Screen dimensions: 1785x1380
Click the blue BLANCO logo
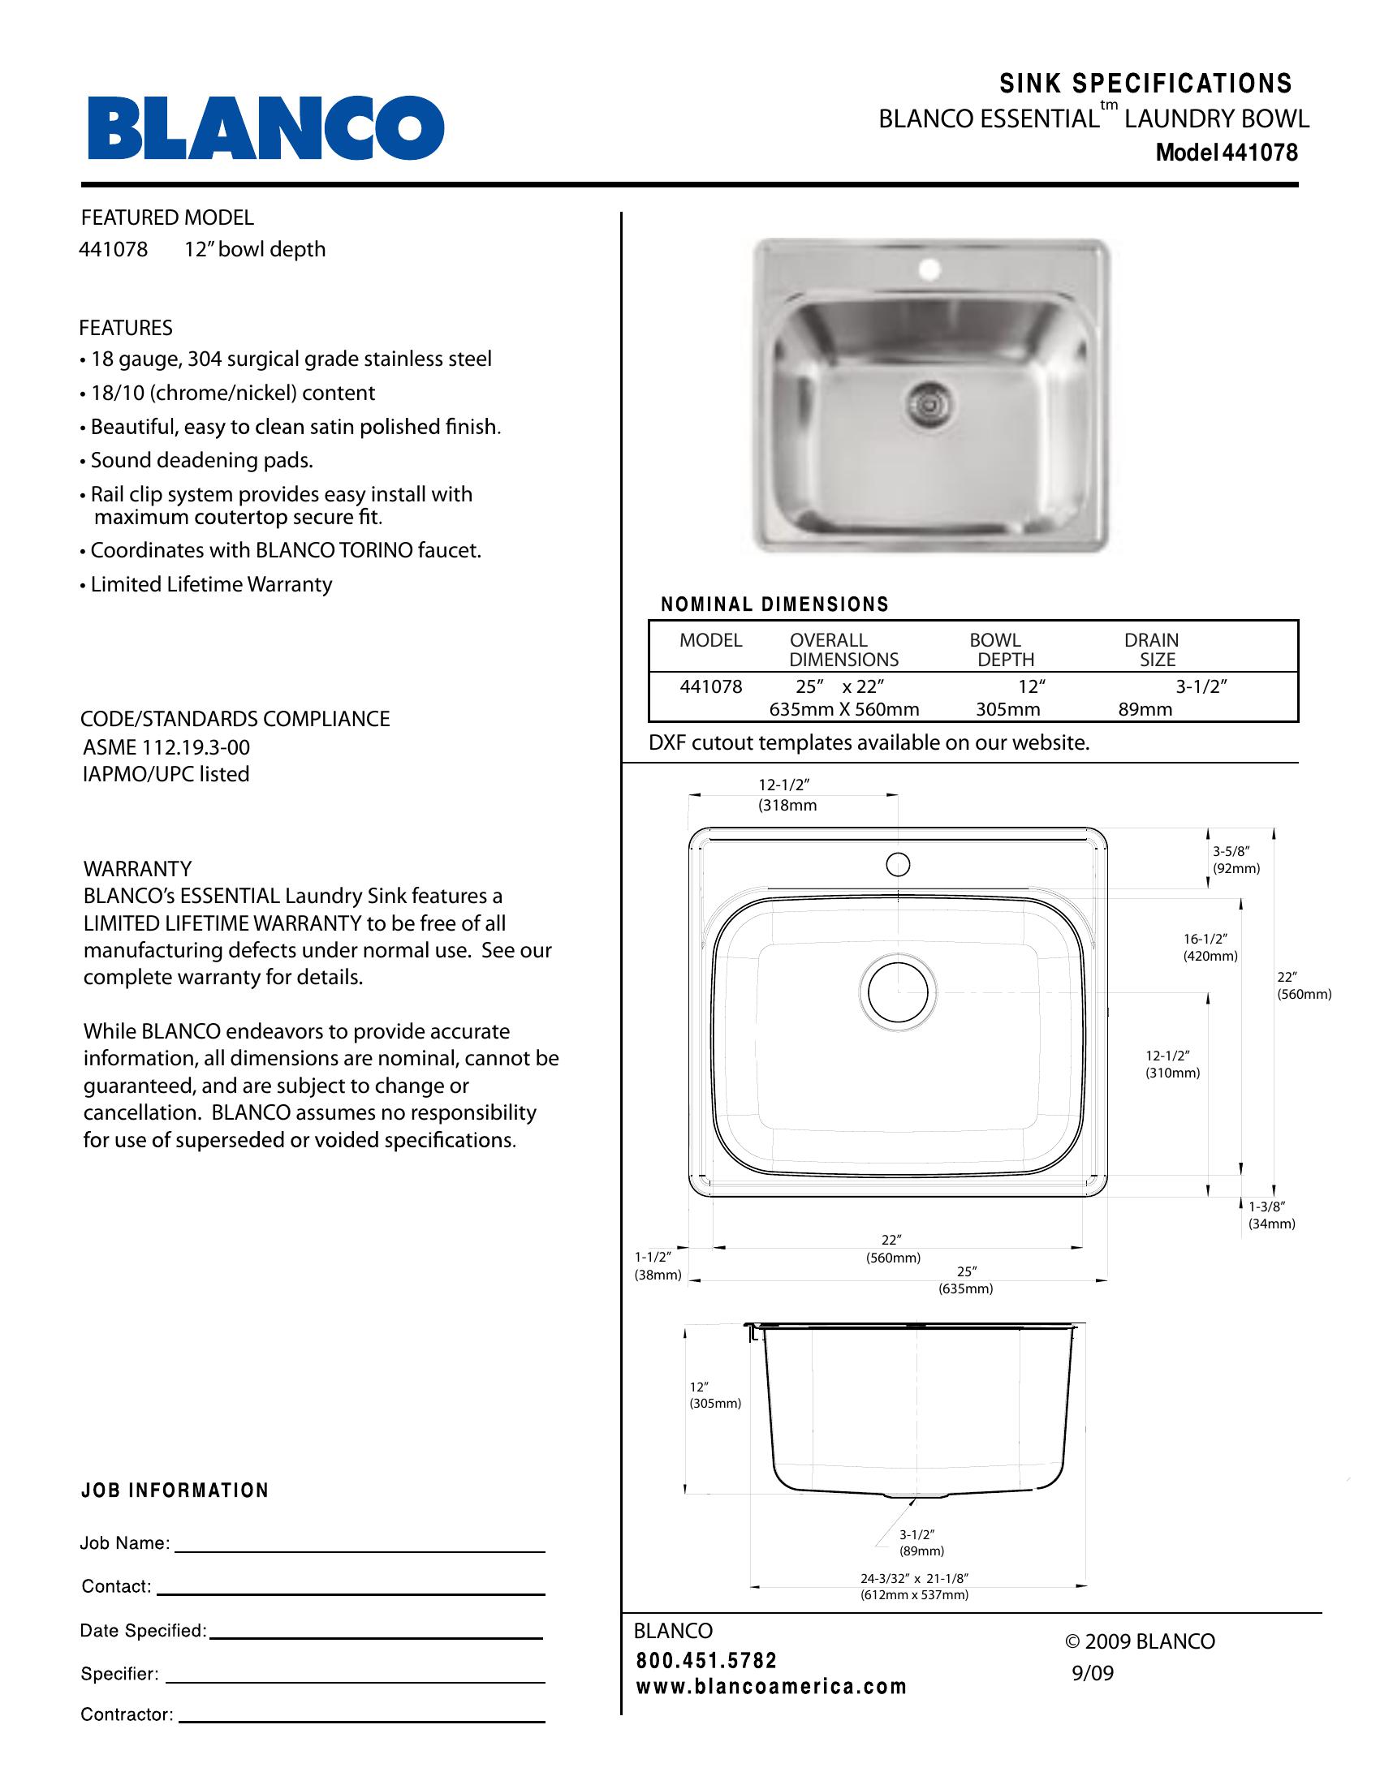pyautogui.click(x=265, y=128)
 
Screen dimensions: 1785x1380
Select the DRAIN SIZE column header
pyautogui.click(x=1153, y=650)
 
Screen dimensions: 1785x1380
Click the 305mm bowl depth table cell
pyautogui.click(x=1007, y=709)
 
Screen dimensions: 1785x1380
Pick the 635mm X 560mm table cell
pyautogui.click(x=843, y=709)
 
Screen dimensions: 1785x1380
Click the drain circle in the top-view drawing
pyautogui.click(x=898, y=991)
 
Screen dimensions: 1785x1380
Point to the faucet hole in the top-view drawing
pyautogui.click(x=898, y=864)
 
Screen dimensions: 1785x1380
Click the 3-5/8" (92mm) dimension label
pyautogui.click(x=1236, y=860)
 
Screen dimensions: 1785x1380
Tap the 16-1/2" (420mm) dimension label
pyautogui.click(x=1210, y=947)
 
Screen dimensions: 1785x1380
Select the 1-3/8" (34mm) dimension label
pyautogui.click(x=1271, y=1215)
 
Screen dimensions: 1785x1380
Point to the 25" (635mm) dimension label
pyautogui.click(x=965, y=1280)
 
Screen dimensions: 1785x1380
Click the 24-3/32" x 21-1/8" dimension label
pyautogui.click(x=914, y=1586)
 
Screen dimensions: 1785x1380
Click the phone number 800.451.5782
pyautogui.click(x=706, y=1661)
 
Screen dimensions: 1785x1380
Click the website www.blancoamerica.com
pyautogui.click(x=771, y=1687)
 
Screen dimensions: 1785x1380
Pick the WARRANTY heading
pyautogui.click(x=137, y=868)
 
